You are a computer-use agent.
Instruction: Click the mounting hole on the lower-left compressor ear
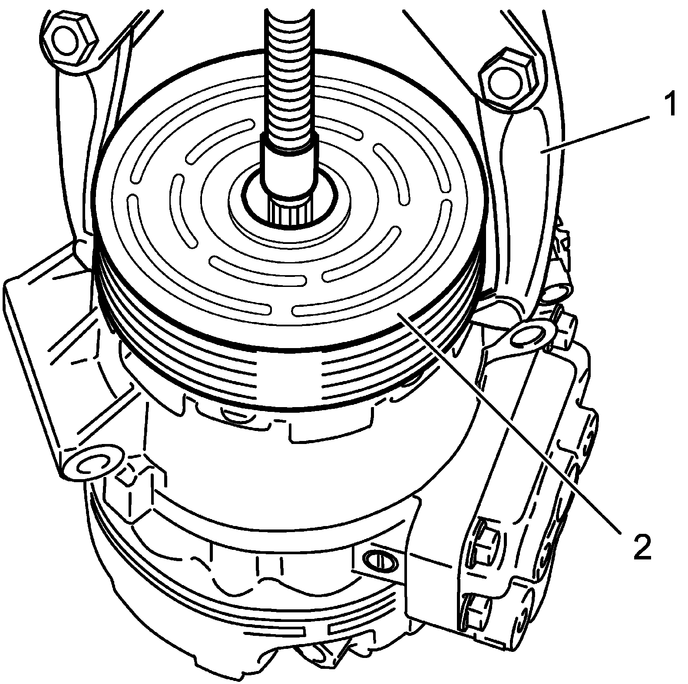point(91,464)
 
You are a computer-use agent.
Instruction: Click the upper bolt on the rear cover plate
point(484,534)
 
